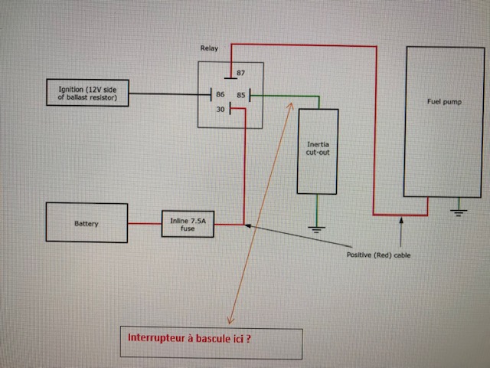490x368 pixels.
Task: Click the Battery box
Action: click(x=87, y=223)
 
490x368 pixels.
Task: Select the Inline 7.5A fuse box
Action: click(x=188, y=224)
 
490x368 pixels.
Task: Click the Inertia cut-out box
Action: click(x=317, y=151)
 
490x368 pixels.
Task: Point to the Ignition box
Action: click(x=87, y=94)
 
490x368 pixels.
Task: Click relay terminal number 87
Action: click(x=240, y=73)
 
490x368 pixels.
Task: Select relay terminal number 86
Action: click(x=220, y=95)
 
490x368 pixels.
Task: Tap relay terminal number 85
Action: click(x=240, y=95)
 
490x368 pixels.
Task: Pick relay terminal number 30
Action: click(x=220, y=110)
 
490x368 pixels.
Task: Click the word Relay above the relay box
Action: click(x=208, y=48)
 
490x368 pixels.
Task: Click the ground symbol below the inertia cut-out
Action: click(x=317, y=228)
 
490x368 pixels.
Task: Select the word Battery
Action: click(x=87, y=224)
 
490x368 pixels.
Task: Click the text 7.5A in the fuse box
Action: click(x=198, y=220)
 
